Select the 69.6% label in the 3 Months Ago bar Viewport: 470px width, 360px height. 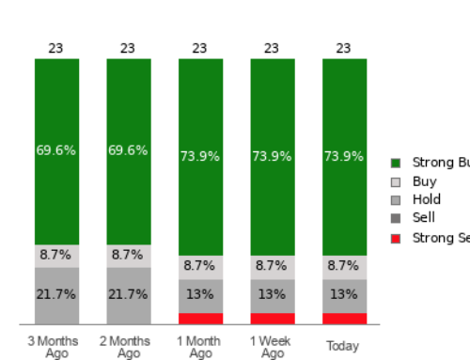click(x=56, y=150)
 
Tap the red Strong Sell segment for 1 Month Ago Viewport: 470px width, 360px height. click(x=200, y=319)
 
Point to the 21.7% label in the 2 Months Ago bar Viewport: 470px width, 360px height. click(x=128, y=294)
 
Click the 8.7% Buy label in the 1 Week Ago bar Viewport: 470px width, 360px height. click(x=272, y=266)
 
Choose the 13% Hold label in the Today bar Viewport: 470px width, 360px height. click(x=344, y=294)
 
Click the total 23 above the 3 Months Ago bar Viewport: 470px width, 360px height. click(x=56, y=48)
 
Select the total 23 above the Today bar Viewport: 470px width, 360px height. click(x=344, y=48)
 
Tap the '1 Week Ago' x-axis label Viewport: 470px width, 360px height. click(x=272, y=347)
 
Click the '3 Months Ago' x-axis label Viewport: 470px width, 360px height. click(x=56, y=347)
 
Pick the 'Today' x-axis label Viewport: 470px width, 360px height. click(x=343, y=346)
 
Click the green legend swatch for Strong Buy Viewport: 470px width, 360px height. click(x=396, y=163)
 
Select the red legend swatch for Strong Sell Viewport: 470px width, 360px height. click(x=396, y=238)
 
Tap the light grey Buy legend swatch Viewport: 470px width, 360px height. click(x=396, y=181)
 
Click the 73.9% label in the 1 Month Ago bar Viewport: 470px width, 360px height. click(x=200, y=157)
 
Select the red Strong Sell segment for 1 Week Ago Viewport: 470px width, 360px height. click(x=272, y=319)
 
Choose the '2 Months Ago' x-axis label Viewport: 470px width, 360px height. click(x=128, y=347)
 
